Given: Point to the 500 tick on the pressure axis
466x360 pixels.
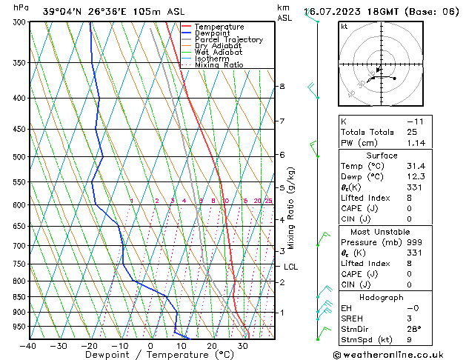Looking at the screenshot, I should tap(19, 157).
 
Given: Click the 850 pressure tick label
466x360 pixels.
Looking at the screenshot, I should tap(19, 297).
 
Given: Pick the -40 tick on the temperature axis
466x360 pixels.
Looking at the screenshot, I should tap(28, 345).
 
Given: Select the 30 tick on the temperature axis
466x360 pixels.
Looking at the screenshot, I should tap(243, 345).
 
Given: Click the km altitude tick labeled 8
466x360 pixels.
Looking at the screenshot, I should tap(282, 87).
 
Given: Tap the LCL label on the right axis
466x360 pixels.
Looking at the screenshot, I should tap(291, 267).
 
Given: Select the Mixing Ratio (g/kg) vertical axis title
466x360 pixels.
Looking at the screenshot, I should tap(291, 208).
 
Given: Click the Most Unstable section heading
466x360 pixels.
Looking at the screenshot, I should tap(382, 232).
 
